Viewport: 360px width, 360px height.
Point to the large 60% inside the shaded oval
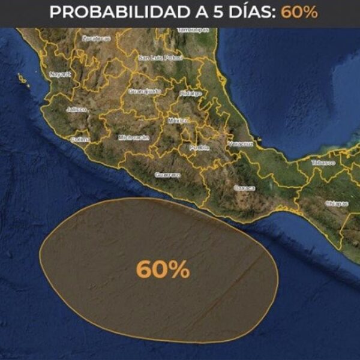click(x=163, y=269)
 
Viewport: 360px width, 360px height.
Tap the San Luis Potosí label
click(x=159, y=58)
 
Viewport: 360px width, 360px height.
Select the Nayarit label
click(x=60, y=74)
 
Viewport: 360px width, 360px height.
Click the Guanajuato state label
click(x=145, y=92)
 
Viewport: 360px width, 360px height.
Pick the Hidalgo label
click(x=190, y=94)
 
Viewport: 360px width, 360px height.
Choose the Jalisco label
click(x=77, y=110)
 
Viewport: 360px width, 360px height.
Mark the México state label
click(x=178, y=120)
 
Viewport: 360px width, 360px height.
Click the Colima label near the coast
click(x=80, y=139)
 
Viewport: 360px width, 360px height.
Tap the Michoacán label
click(x=134, y=137)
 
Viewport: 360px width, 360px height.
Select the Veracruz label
click(x=241, y=144)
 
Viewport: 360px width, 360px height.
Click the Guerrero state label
click(x=167, y=175)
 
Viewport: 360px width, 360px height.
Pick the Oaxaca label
click(x=244, y=188)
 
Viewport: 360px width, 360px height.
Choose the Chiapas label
click(x=336, y=204)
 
